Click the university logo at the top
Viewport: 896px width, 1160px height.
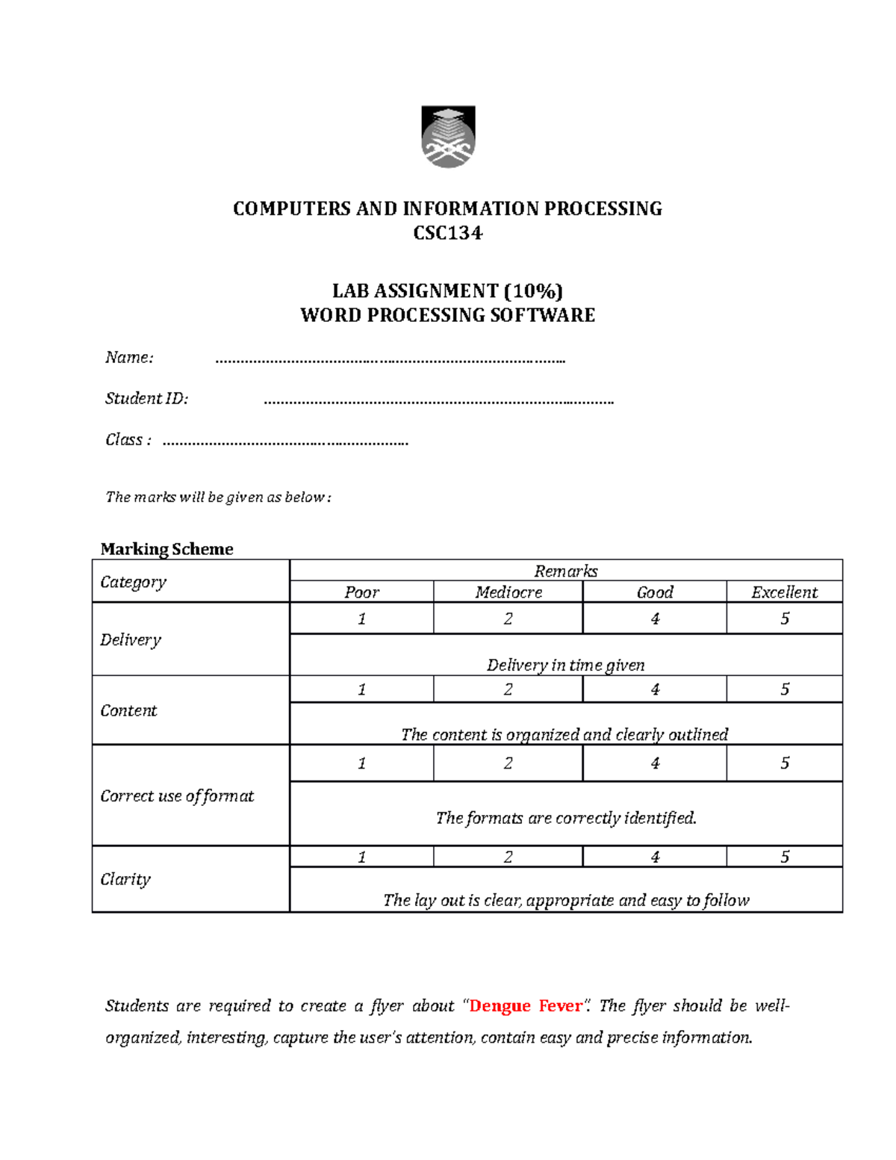click(x=448, y=137)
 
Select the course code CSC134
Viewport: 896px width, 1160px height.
click(x=448, y=233)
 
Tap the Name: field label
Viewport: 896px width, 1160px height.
click(x=129, y=358)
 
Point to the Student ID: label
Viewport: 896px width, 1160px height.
click(x=146, y=399)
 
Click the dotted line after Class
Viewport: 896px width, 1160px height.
click(x=285, y=441)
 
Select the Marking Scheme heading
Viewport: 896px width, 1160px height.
click(x=167, y=549)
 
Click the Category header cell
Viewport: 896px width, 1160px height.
click(x=134, y=582)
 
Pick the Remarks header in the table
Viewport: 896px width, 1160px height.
click(x=565, y=571)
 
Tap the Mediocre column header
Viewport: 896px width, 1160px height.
click(x=508, y=592)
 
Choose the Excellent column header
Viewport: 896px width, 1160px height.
click(x=784, y=592)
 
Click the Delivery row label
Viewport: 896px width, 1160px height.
click(x=131, y=640)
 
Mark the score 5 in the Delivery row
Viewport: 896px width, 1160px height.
click(x=784, y=618)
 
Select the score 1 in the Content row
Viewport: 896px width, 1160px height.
click(x=361, y=689)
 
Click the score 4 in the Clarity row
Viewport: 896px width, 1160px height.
click(x=655, y=857)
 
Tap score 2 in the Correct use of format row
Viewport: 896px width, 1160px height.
click(x=508, y=763)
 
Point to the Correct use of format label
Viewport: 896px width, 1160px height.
click(x=177, y=796)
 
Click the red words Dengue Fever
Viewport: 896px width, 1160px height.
click(x=526, y=1006)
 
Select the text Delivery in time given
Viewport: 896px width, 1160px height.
click(x=565, y=665)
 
